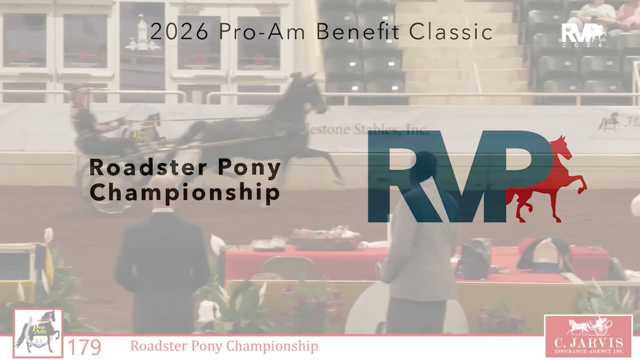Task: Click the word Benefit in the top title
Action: [357, 32]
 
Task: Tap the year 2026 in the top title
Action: [179, 32]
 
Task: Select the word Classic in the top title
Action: [451, 32]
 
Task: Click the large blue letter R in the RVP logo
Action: [397, 177]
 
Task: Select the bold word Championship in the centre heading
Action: [185, 192]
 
